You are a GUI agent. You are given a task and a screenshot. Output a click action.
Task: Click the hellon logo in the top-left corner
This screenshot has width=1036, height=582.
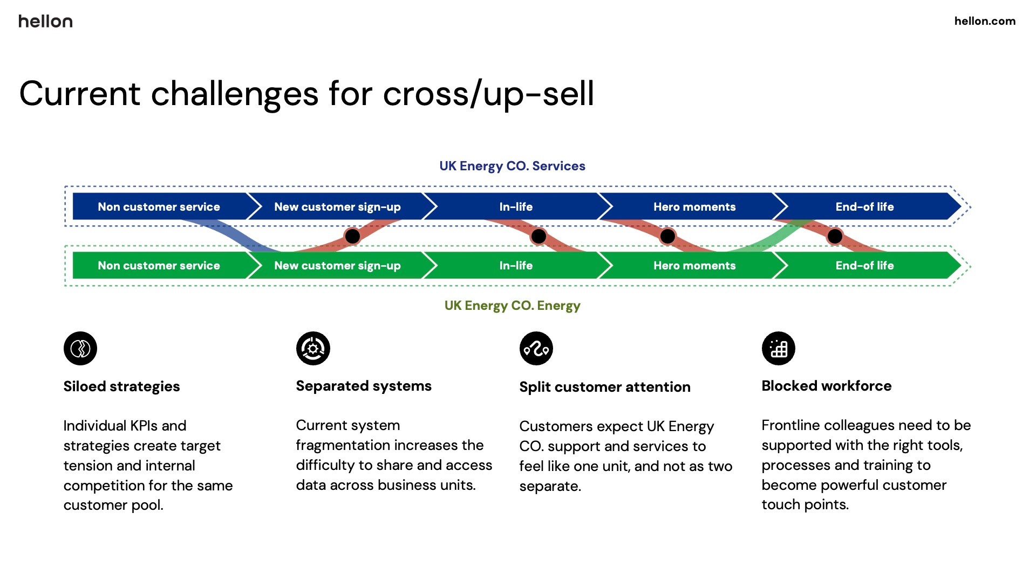pos(45,21)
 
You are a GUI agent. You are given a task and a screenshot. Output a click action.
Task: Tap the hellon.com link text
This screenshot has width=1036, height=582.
pos(985,21)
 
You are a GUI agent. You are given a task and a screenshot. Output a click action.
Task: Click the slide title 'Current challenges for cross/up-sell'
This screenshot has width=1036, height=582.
pos(306,93)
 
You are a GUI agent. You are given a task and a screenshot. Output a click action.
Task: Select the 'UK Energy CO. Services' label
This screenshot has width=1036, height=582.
pos(512,166)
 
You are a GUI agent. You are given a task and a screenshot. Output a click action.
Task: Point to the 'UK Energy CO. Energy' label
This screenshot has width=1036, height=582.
pos(512,306)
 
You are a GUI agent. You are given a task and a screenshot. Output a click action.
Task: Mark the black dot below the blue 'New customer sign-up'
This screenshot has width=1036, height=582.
pos(352,236)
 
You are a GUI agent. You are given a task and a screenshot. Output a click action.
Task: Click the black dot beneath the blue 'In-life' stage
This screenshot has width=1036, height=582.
pos(539,236)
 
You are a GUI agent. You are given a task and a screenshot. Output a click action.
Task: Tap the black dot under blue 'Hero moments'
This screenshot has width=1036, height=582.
pos(667,236)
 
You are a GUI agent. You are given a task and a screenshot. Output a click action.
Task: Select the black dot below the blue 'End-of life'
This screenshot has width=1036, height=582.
pos(835,236)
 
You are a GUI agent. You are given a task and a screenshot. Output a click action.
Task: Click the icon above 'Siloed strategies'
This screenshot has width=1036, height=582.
pos(80,348)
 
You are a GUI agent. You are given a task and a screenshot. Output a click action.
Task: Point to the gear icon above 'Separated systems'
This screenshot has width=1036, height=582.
pos(313,348)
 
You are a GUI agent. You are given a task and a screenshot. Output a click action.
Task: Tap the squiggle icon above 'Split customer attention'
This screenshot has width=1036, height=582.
pos(536,348)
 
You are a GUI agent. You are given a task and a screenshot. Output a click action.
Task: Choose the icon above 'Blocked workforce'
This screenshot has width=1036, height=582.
pos(779,348)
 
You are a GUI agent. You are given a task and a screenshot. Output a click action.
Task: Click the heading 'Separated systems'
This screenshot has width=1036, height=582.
pos(364,386)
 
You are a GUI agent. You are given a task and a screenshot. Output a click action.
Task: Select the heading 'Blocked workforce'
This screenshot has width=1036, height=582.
pos(827,386)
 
